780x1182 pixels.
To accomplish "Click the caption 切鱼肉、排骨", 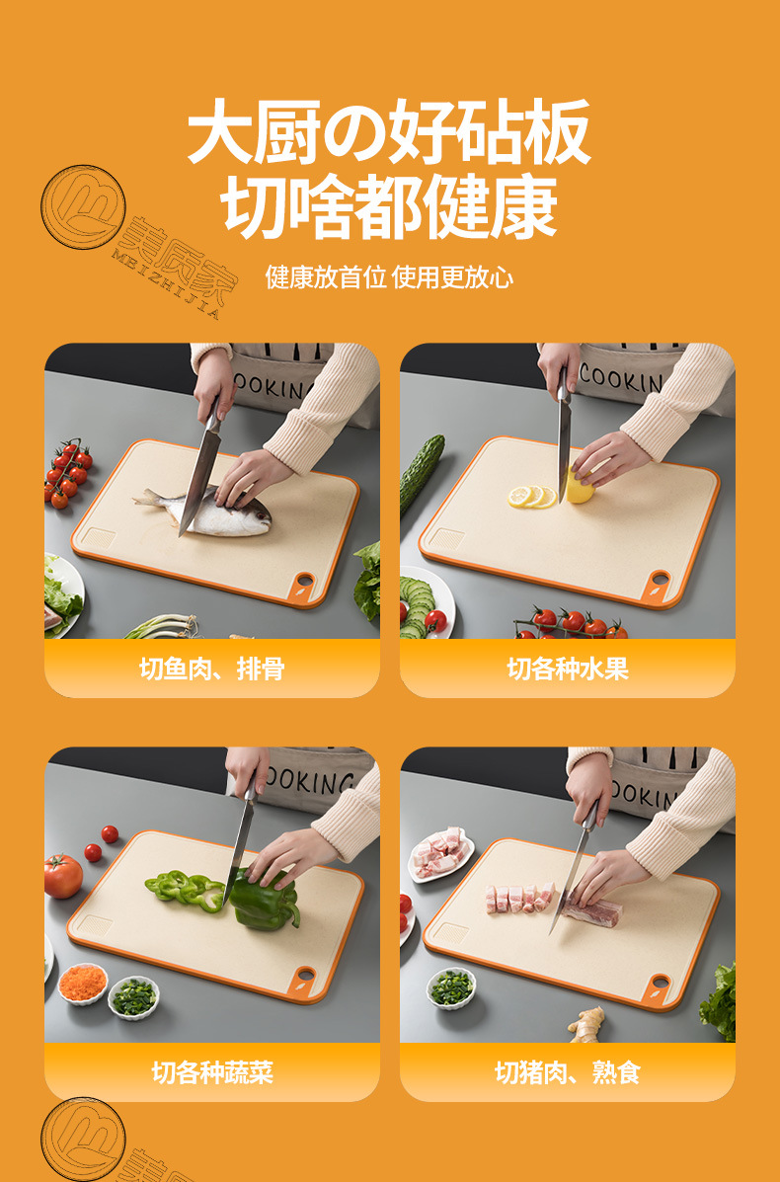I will click(x=211, y=669).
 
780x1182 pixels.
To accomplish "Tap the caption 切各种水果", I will click(x=567, y=669).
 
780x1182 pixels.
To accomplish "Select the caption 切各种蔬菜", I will click(x=211, y=1072).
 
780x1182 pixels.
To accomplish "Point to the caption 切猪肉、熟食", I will click(x=567, y=1072).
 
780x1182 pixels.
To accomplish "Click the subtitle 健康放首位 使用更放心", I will click(x=389, y=276).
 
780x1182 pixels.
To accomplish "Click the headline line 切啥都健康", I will click(x=389, y=206).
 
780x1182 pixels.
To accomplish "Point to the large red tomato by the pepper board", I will click(x=63, y=876).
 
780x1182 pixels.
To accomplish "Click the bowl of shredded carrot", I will click(x=83, y=983).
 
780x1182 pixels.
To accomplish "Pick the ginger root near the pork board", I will click(x=588, y=1024).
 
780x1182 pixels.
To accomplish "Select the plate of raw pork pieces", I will click(x=440, y=852).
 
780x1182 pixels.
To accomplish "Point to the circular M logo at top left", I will click(x=83, y=206).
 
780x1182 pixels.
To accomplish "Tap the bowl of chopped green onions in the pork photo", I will click(x=451, y=985).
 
